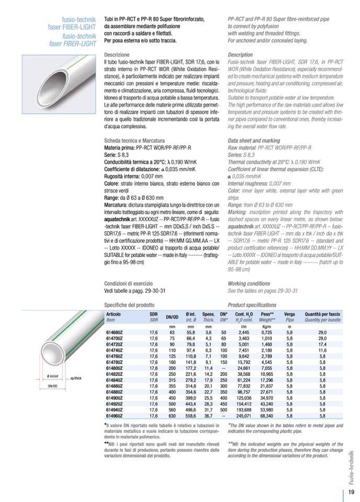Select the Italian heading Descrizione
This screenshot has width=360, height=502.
click(x=117, y=55)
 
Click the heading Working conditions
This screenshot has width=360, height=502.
click(x=249, y=283)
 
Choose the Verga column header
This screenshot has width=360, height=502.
click(x=289, y=314)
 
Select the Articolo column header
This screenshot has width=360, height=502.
click(x=114, y=314)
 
